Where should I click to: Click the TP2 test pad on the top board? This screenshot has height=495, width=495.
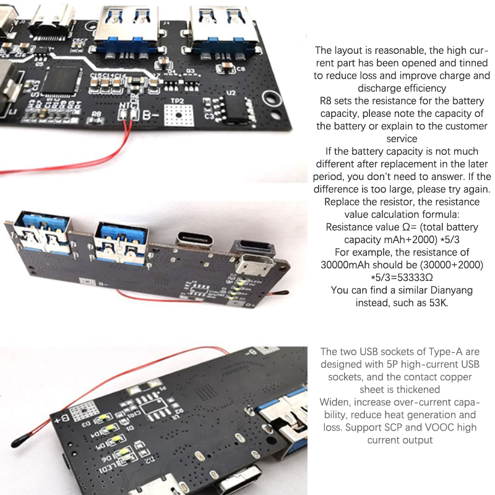(179, 115)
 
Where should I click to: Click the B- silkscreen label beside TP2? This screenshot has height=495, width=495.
(150, 115)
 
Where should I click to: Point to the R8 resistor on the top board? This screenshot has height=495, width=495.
(95, 121)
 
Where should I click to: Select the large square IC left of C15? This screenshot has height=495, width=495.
(60, 80)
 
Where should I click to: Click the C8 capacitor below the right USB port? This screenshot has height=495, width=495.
(226, 68)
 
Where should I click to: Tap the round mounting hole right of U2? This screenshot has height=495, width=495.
(271, 98)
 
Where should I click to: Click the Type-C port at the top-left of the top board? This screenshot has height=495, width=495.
(52, 20)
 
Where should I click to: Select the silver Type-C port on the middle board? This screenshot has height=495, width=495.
(194, 239)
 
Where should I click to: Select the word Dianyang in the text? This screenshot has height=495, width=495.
(452, 290)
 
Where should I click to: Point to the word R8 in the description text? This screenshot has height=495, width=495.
(325, 101)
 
